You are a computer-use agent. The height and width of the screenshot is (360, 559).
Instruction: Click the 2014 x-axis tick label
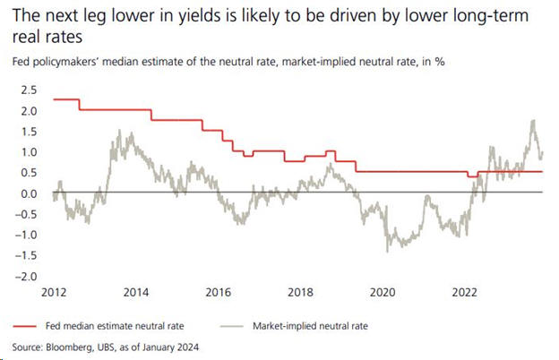click(136, 292)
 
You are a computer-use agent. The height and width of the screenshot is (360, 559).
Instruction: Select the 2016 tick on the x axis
click(219, 292)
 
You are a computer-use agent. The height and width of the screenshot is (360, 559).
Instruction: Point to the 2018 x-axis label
click(300, 292)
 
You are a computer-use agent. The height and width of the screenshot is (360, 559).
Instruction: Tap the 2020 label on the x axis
click(383, 292)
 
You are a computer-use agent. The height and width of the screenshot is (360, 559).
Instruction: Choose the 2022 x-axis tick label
click(465, 292)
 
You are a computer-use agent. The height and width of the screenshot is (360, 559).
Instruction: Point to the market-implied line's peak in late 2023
click(534, 121)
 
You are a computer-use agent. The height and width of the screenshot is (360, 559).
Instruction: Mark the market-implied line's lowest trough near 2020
click(388, 251)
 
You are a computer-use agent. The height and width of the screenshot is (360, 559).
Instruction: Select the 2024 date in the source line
click(185, 346)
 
